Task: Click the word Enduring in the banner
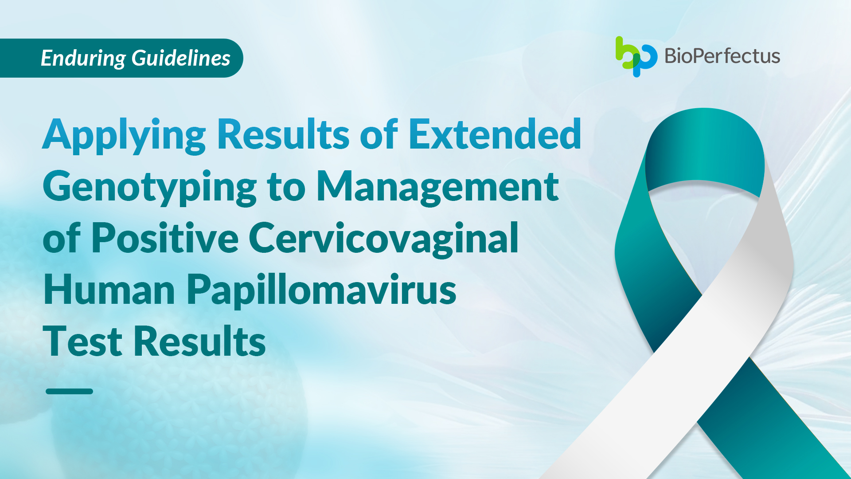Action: [83, 59]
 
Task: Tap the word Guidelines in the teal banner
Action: [181, 58]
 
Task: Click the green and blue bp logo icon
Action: [636, 56]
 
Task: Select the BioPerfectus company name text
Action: [722, 56]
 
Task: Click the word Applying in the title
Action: [124, 135]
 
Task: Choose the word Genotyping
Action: [149, 188]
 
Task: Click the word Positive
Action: [165, 238]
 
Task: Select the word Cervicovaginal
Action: [384, 239]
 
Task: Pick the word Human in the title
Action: [109, 290]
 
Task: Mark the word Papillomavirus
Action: [321, 291]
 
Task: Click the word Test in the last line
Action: [82, 341]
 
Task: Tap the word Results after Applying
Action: [283, 133]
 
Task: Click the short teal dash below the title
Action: [69, 391]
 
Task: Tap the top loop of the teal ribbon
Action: [705, 146]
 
